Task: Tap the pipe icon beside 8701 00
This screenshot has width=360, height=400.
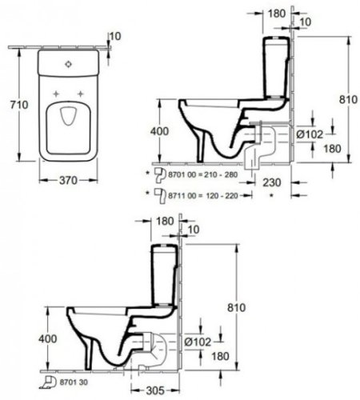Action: tap(159, 172)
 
